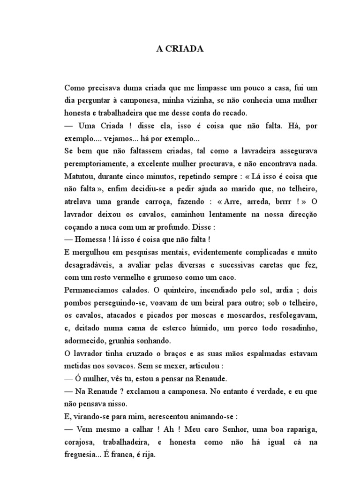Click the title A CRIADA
(180, 48)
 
